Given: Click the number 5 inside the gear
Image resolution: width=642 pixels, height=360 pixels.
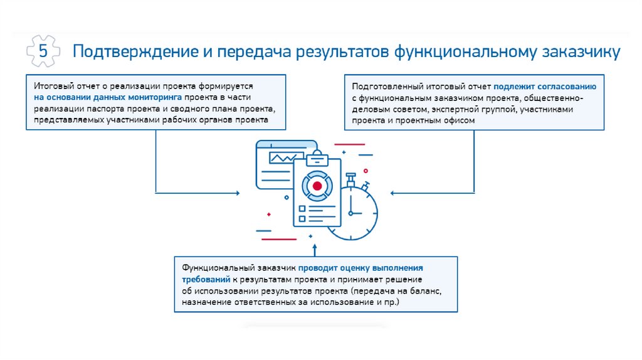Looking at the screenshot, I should (43, 52).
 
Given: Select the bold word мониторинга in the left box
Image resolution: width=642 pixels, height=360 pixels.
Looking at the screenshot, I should (152, 98).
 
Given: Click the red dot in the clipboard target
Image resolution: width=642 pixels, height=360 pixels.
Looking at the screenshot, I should (317, 186).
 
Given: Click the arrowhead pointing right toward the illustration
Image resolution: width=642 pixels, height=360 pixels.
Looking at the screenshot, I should (237, 193).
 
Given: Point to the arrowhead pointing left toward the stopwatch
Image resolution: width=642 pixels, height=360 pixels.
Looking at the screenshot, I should (392, 193).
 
